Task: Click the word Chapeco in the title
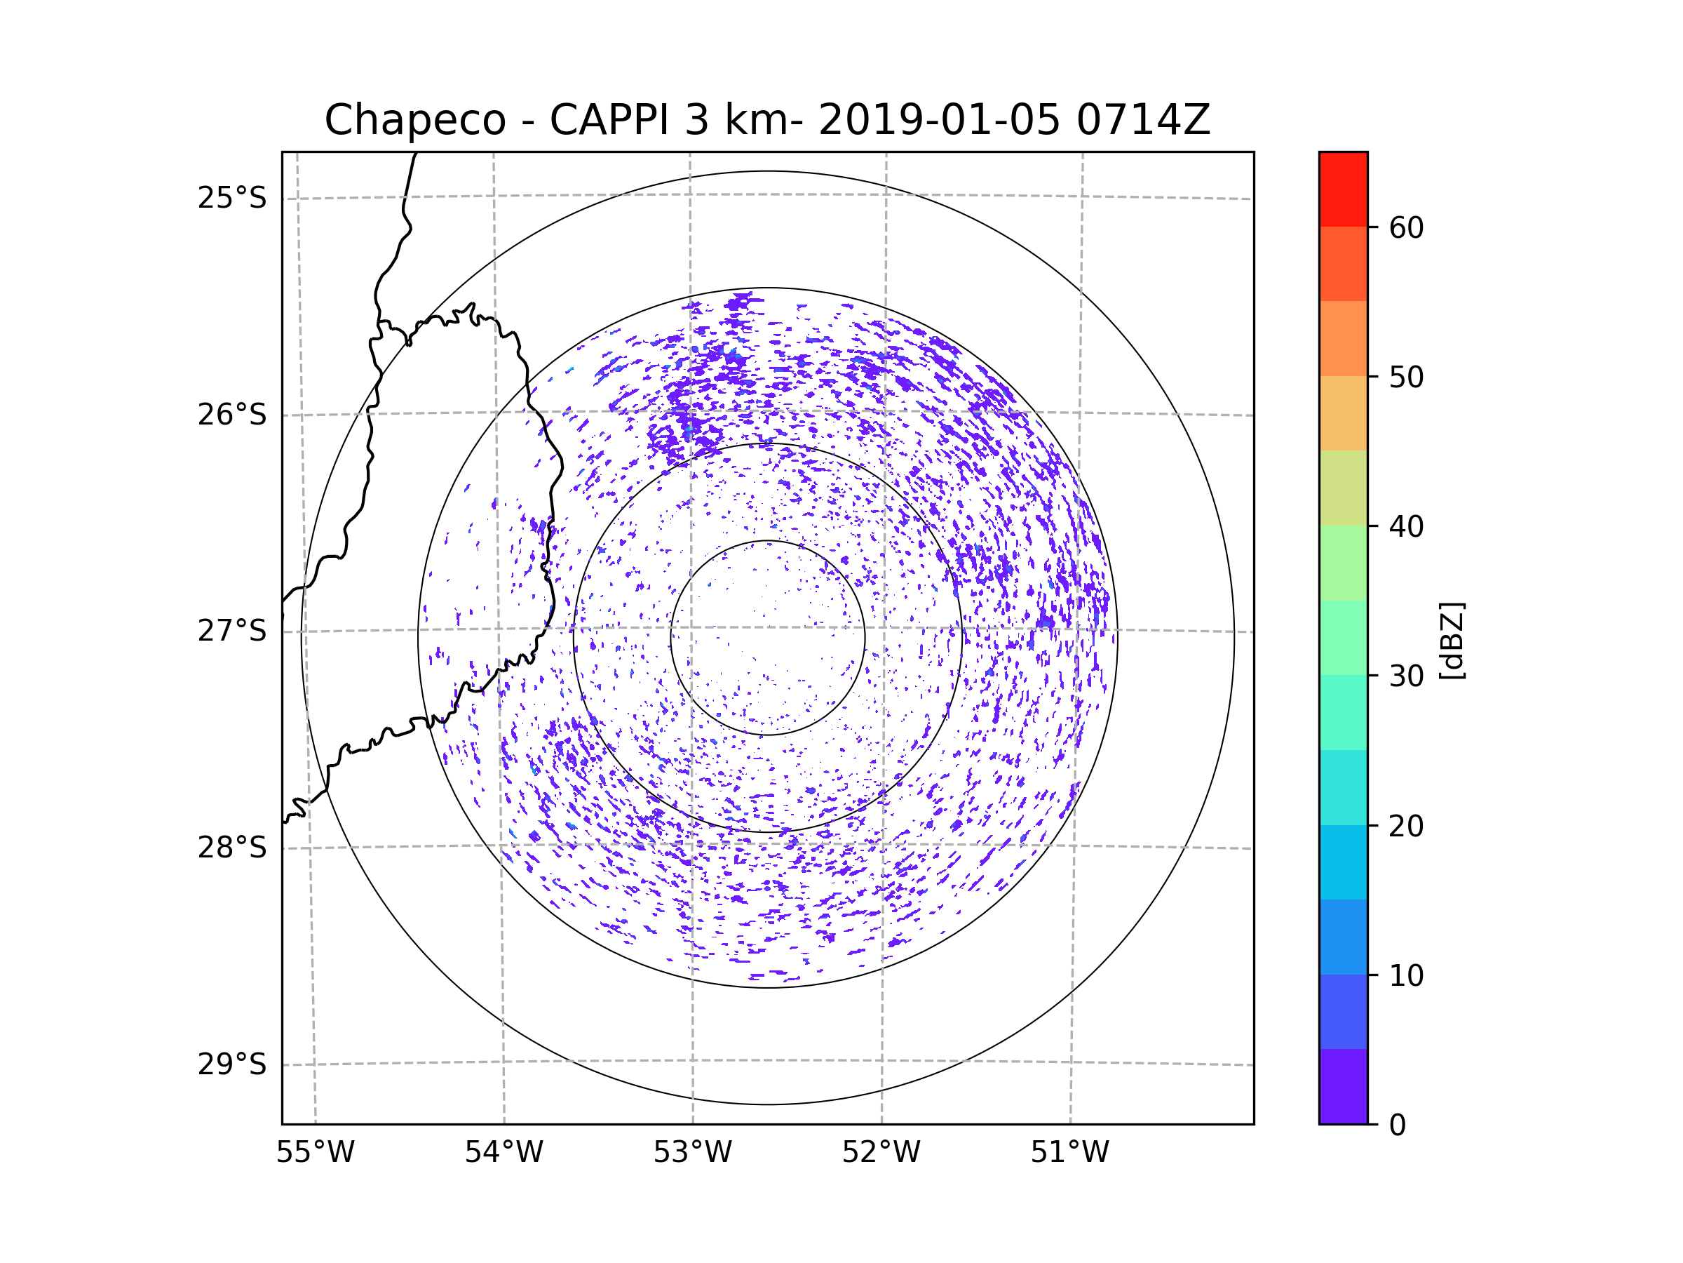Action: click(x=414, y=120)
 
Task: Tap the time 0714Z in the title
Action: click(x=1143, y=120)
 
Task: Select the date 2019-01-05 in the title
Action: click(x=939, y=120)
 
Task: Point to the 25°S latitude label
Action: click(x=232, y=198)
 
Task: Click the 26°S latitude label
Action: click(x=232, y=415)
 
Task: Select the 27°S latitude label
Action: click(x=232, y=631)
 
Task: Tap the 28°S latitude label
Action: click(x=232, y=848)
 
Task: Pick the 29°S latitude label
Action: click(x=232, y=1064)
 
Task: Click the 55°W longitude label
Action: click(x=315, y=1153)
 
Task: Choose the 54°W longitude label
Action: click(x=503, y=1153)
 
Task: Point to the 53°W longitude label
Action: click(x=692, y=1153)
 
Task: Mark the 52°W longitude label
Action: click(x=881, y=1153)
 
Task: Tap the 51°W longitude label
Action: click(x=1069, y=1153)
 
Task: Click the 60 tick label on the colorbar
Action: click(x=1406, y=227)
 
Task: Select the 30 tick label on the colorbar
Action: click(x=1406, y=676)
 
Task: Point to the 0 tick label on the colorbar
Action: click(x=1398, y=1125)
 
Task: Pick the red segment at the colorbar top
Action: click(x=1343, y=189)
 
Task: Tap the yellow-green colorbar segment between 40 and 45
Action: click(x=1343, y=488)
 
